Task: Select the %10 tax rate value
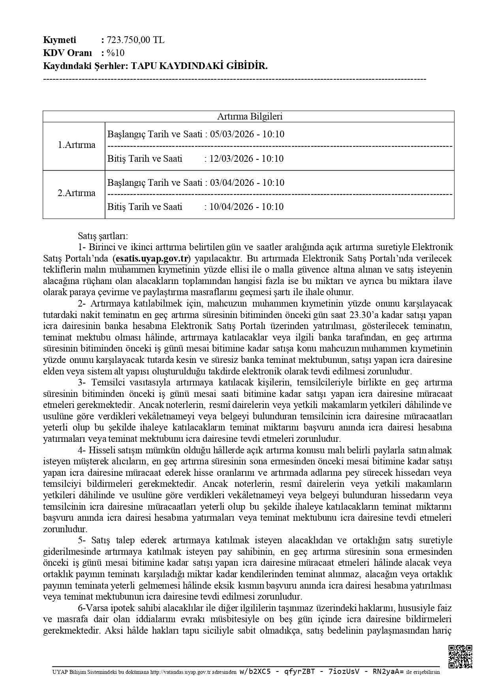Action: coord(116,53)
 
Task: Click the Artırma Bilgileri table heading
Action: coord(250,116)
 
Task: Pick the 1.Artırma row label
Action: coord(77,145)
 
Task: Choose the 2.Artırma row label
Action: coord(77,193)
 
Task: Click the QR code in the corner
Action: coord(460,656)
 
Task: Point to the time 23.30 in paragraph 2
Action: coord(362,315)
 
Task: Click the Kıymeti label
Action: coord(59,40)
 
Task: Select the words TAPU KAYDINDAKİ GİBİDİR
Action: coord(199,66)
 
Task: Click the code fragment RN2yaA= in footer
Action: coord(389,672)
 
